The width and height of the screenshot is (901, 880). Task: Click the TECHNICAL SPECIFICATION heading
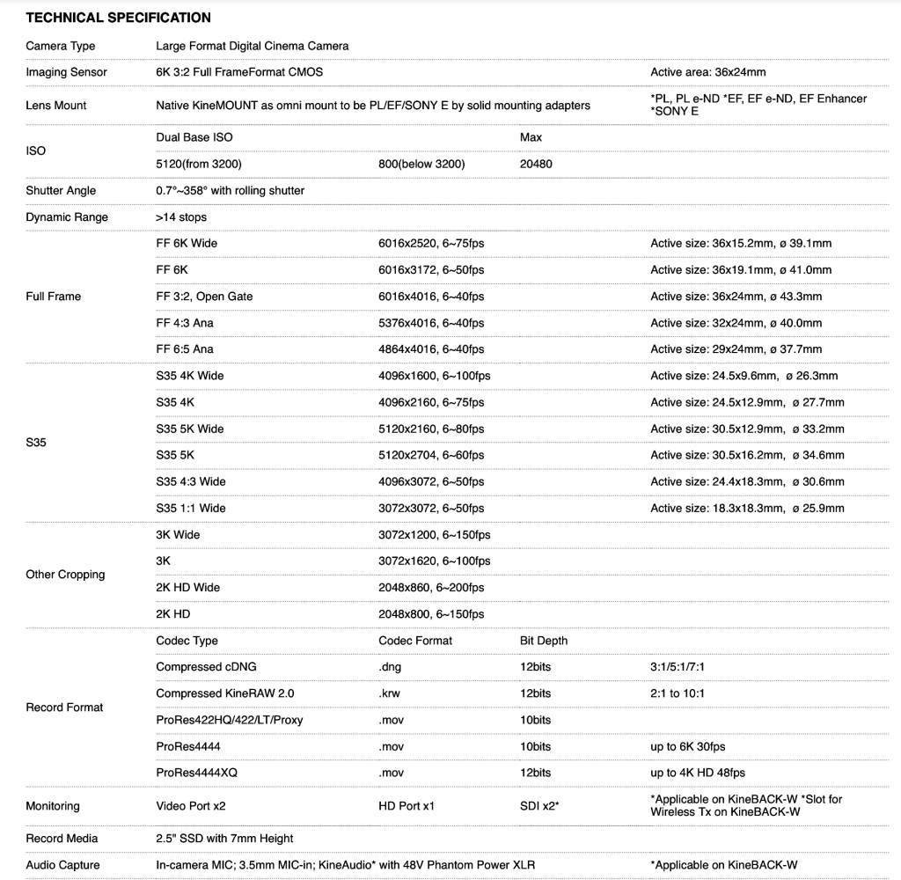119,18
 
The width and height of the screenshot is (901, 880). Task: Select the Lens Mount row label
56,105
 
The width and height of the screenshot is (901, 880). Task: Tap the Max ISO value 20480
536,164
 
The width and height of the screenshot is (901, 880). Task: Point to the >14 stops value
181,216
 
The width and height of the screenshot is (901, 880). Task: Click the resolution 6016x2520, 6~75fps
431,243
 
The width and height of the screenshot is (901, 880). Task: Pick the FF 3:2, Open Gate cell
204,297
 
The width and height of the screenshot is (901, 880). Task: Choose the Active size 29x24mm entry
736,349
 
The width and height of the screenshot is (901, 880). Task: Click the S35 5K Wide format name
189,429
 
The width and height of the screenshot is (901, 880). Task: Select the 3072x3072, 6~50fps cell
431,508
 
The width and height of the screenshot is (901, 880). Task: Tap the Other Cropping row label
65,575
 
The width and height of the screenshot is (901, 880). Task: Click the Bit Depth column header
544,641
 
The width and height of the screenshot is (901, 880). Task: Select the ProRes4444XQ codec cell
196,773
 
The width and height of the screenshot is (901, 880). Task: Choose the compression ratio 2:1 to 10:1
678,693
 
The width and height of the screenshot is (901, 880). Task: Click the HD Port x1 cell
407,806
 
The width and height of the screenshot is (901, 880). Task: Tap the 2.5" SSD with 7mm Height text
224,839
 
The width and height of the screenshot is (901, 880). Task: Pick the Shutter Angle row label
61,190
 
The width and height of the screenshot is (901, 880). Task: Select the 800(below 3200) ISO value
421,164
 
